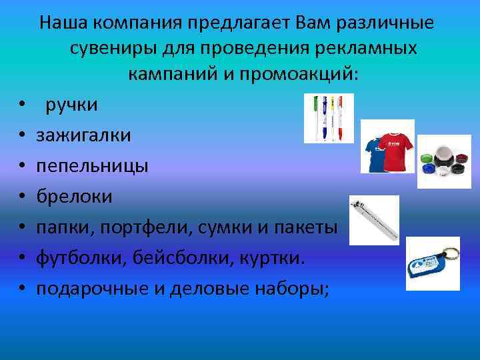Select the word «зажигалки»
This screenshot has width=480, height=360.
pyautogui.click(x=83, y=135)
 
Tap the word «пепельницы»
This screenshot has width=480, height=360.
pyautogui.click(x=93, y=166)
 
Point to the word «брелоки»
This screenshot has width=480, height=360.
pyautogui.click(x=75, y=197)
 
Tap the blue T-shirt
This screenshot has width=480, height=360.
pyautogui.click(x=375, y=152)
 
